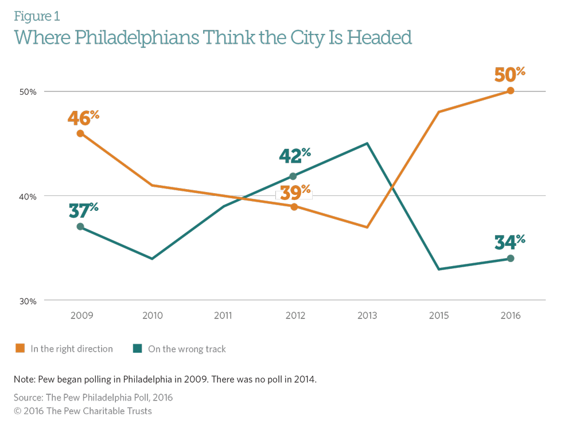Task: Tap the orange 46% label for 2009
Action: tap(83, 117)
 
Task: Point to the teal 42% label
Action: tap(294, 156)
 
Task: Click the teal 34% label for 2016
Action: tap(509, 243)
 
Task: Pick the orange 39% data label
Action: tap(294, 193)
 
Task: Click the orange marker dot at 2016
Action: tap(511, 91)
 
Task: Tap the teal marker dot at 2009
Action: tap(80, 226)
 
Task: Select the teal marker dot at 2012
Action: tap(293, 176)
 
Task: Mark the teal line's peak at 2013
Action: tap(367, 144)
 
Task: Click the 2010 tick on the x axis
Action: tap(153, 316)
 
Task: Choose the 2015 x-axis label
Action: tap(439, 316)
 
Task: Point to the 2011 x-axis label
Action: tap(223, 316)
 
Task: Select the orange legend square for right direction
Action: tap(20, 348)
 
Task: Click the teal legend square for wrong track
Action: tap(137, 348)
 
